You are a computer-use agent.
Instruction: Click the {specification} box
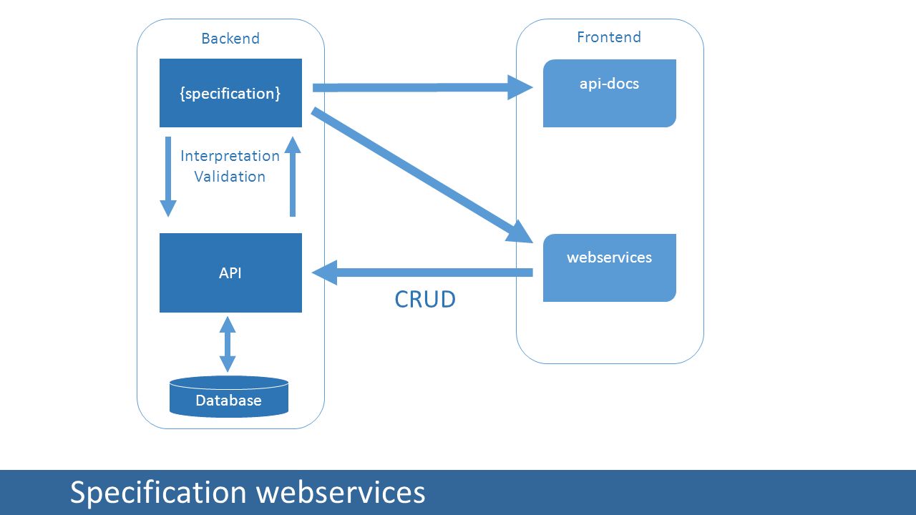[x=230, y=93]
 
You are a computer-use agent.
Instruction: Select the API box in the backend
[x=230, y=273]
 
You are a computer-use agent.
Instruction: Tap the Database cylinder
[x=229, y=396]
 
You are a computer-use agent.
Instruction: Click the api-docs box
[x=609, y=93]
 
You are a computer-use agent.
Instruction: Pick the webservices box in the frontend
[x=609, y=268]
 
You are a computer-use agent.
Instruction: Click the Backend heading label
[x=230, y=39]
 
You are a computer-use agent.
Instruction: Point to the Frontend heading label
[x=609, y=37]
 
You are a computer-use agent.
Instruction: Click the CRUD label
[x=425, y=299]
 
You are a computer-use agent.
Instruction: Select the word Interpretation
[x=230, y=156]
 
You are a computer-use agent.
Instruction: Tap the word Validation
[x=230, y=177]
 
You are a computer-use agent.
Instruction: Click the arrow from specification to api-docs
[x=422, y=87]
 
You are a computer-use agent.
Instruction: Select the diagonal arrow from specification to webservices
[x=422, y=175]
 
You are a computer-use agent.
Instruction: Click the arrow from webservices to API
[x=422, y=273]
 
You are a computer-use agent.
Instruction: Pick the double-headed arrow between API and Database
[x=228, y=344]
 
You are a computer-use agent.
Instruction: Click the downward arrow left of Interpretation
[x=168, y=177]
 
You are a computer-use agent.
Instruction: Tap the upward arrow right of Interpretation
[x=293, y=177]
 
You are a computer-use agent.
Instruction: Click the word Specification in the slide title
[x=158, y=493]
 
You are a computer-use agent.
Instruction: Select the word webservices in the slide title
[x=341, y=491]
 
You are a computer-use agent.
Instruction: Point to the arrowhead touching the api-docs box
[x=520, y=87]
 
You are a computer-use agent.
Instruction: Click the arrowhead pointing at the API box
[x=325, y=273]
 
